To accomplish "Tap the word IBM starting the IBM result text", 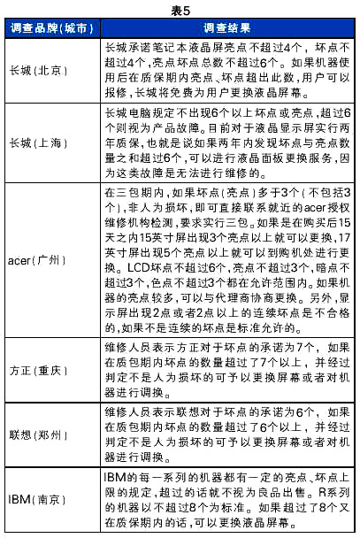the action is pos(113,478).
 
